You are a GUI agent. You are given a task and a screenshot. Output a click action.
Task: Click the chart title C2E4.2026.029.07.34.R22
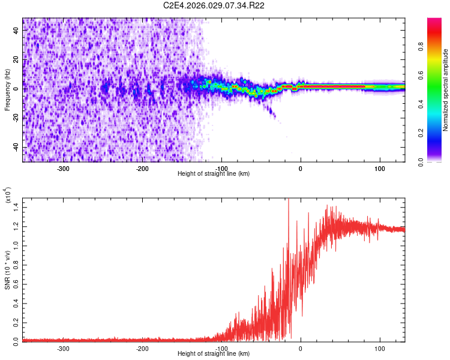[x=214, y=6]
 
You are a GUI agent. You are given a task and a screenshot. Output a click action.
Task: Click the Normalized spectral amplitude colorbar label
[x=446, y=90]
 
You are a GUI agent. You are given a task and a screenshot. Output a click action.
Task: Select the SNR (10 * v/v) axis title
[x=7, y=269]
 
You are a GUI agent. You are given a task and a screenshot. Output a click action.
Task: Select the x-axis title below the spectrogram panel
[x=214, y=174]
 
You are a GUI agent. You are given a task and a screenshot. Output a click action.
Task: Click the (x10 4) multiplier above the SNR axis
[x=8, y=195]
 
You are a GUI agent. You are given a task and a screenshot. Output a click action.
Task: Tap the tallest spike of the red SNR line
[x=289, y=200]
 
